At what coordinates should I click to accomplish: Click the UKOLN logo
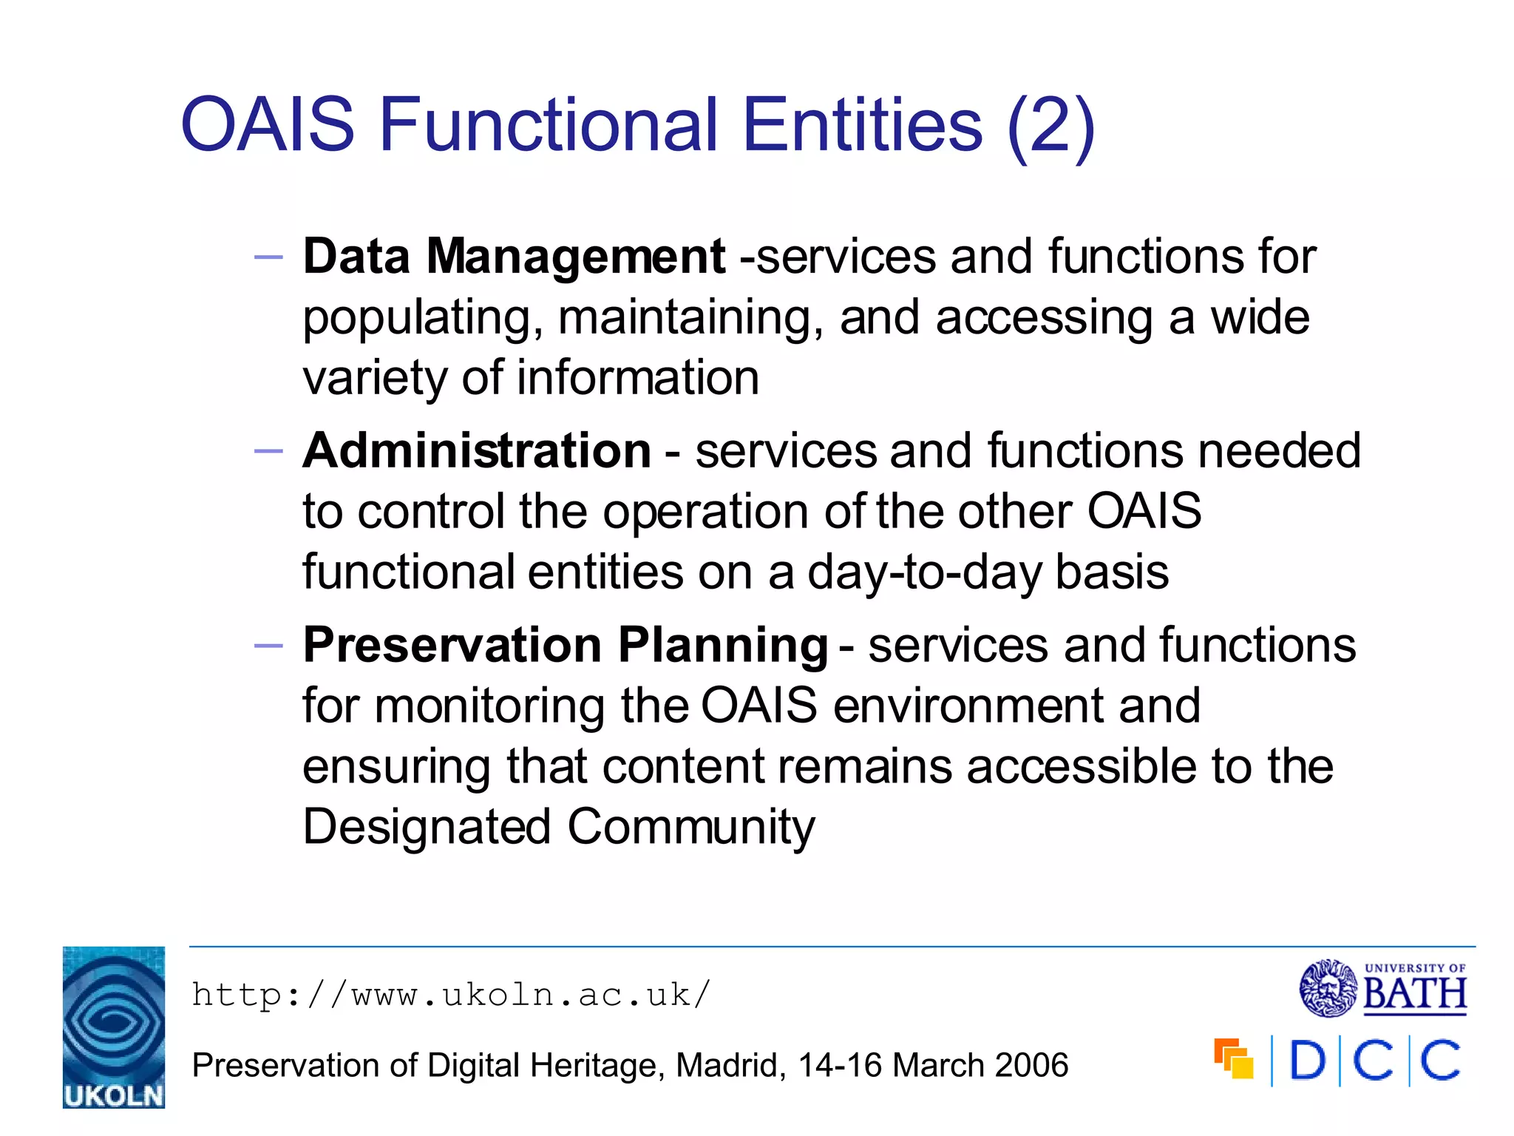pyautogui.click(x=113, y=1027)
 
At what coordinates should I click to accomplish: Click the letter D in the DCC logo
pyautogui.click(x=1307, y=1061)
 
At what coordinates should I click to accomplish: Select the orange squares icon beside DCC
pyautogui.click(x=1234, y=1059)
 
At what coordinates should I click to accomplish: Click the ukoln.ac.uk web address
pyautogui.click(x=451, y=995)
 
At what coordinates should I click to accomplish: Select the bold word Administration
pyautogui.click(x=477, y=450)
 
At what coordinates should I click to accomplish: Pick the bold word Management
pyautogui.click(x=576, y=257)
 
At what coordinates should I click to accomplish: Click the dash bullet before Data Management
pyautogui.click(x=268, y=258)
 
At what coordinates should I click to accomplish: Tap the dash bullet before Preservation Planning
pyautogui.click(x=268, y=646)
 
